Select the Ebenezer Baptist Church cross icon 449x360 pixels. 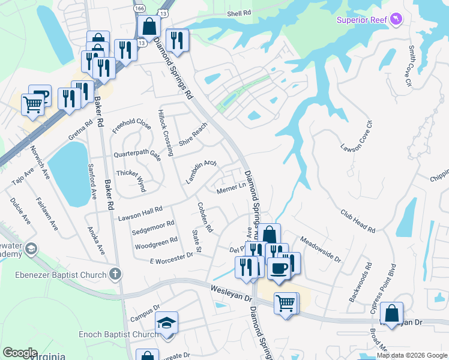coord(115,274)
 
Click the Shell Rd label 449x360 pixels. coord(239,13)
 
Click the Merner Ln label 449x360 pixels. coord(232,189)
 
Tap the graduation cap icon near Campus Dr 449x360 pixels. coord(166,323)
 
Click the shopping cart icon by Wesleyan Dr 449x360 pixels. coord(286,302)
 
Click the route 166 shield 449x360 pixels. coord(139,8)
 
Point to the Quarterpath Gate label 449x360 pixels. coord(138,154)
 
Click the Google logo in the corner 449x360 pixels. coord(20,353)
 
